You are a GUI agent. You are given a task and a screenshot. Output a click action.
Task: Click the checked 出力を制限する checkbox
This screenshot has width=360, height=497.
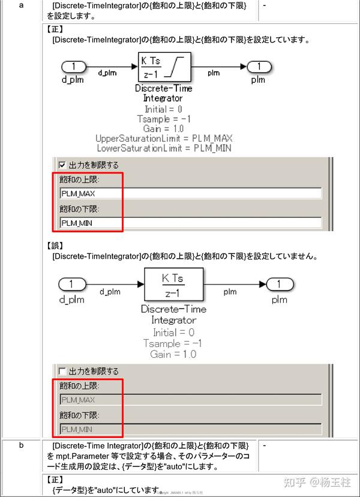pyautogui.click(x=62, y=164)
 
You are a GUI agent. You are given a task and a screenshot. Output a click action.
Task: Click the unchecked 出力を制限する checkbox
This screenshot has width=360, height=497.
pyautogui.click(x=63, y=371)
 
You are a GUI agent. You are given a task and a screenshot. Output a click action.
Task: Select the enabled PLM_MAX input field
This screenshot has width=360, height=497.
pyautogui.click(x=190, y=193)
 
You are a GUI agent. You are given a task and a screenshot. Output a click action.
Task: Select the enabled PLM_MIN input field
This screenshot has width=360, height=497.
pyautogui.click(x=190, y=223)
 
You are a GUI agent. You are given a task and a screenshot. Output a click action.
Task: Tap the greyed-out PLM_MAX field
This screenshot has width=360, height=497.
pyautogui.click(x=190, y=400)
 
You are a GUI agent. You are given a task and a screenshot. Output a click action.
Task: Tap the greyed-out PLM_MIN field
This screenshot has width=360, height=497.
pyautogui.click(x=190, y=429)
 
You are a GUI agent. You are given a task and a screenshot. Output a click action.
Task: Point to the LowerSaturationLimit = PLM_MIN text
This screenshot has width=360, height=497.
pyautogui.click(x=163, y=148)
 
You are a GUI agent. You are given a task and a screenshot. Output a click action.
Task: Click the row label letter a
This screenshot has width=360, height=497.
pyautogui.click(x=22, y=5)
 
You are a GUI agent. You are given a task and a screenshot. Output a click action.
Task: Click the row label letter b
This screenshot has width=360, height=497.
pyautogui.click(x=22, y=445)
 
